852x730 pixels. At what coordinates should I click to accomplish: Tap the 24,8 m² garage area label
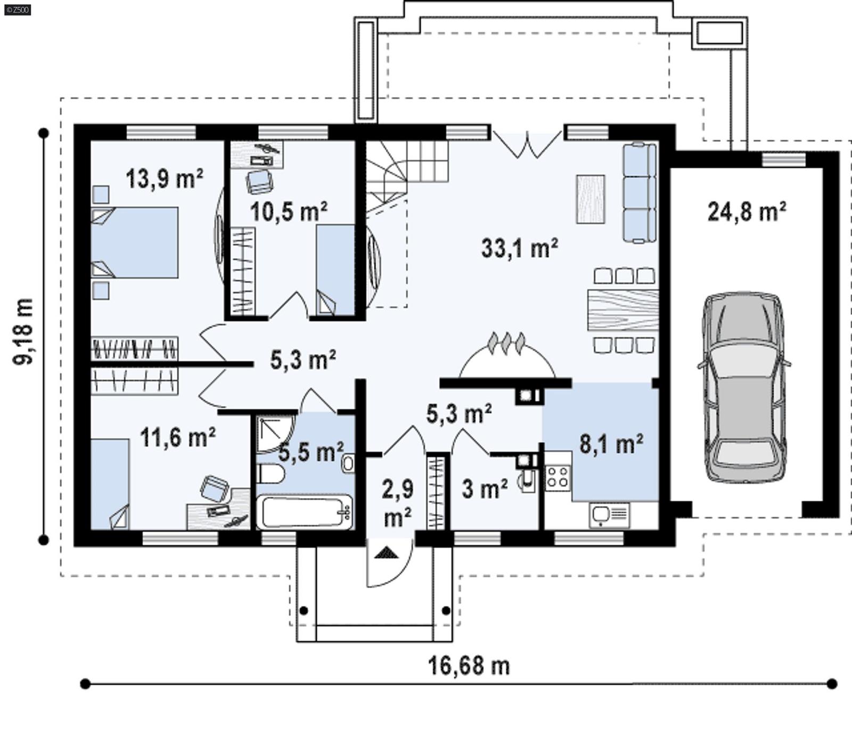coord(747,212)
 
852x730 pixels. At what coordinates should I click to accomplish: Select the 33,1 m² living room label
coord(519,248)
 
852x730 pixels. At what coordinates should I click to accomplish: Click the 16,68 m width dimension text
coord(469,666)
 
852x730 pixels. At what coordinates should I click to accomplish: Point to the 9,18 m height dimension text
coord(24,331)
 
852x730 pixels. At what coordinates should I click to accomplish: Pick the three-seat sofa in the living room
coord(639,193)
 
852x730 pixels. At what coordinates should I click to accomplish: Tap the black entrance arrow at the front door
coord(387,554)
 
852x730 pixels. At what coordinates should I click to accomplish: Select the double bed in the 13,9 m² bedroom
coord(136,242)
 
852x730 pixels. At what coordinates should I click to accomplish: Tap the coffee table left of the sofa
coord(591,199)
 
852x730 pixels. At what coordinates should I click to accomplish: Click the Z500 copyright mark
coord(17,9)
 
